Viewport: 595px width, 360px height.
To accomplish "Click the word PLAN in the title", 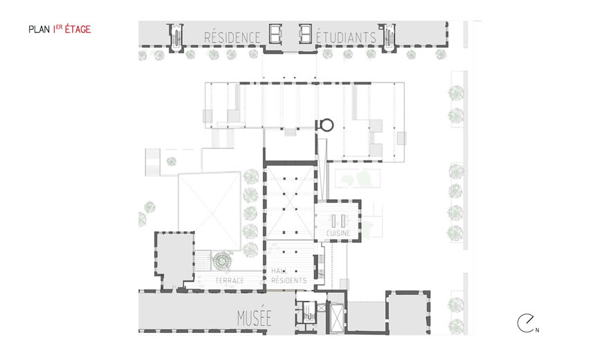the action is [39, 30].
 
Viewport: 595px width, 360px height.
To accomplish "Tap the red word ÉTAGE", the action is [77, 29].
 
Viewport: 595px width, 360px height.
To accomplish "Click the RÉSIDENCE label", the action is [232, 37].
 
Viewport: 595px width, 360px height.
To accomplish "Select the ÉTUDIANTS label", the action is [346, 37].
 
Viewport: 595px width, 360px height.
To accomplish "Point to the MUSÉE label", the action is [254, 318].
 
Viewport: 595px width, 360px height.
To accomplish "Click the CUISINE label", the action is [338, 233].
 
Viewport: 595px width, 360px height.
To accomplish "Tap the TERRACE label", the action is [230, 280].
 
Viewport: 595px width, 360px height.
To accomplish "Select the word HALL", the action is [280, 271].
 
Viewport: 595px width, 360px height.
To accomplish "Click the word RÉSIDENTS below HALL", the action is [289, 280].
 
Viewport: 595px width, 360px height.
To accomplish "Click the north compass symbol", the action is [526, 323].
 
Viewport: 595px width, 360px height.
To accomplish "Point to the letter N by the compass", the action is [537, 330].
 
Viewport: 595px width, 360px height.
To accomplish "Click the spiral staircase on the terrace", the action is [222, 262].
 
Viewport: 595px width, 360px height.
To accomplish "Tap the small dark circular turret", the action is [327, 125].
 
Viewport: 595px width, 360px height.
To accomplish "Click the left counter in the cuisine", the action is [333, 221].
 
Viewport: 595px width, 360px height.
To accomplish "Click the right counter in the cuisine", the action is [342, 221].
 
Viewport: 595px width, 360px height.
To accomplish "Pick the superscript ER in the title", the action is [59, 27].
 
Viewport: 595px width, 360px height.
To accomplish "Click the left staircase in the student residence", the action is [176, 37].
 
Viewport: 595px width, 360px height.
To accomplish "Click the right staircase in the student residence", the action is [388, 37].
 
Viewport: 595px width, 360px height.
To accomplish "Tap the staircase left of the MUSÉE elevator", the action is [308, 312].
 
